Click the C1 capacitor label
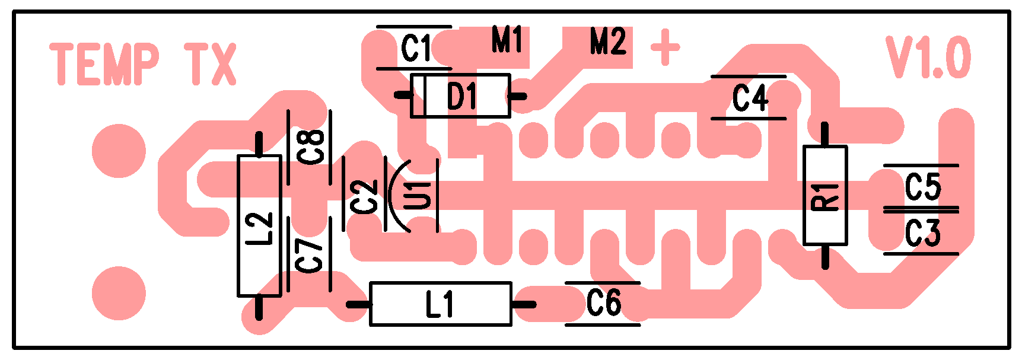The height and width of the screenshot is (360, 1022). tap(416, 49)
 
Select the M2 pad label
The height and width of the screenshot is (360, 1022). tap(607, 42)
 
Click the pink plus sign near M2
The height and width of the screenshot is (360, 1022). tap(665, 47)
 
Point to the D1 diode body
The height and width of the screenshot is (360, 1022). tap(460, 95)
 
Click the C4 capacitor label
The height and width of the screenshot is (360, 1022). tap(750, 98)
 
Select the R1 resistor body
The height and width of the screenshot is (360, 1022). tap(824, 195)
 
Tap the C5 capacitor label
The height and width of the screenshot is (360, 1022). tap(922, 187)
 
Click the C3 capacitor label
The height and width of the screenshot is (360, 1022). tap(922, 233)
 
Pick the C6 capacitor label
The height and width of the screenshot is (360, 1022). tap(603, 303)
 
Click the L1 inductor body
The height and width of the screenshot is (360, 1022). tap(440, 304)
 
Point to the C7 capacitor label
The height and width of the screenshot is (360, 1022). tap(310, 255)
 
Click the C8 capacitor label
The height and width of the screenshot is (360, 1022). tap(311, 147)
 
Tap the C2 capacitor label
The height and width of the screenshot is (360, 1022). tap(364, 197)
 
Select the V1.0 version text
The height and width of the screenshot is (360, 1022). tap(928, 58)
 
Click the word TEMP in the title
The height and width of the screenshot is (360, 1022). tap(104, 64)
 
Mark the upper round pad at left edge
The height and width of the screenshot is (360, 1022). tap(119, 151)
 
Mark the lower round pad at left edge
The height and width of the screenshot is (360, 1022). tap(119, 293)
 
